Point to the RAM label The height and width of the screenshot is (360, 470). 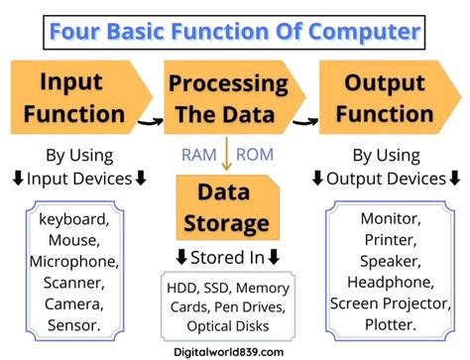(199, 154)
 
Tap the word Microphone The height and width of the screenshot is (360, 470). (74, 262)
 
